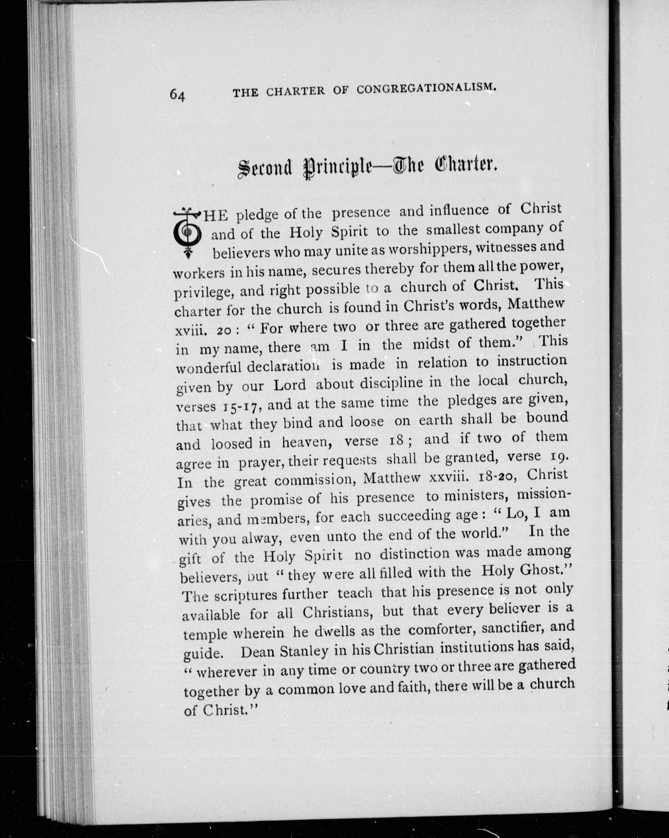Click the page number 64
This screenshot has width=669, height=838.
pos(178,94)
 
